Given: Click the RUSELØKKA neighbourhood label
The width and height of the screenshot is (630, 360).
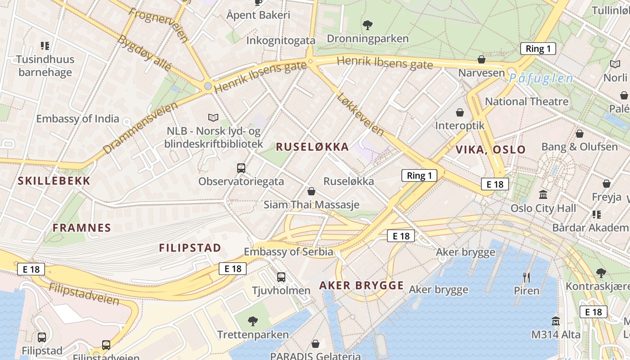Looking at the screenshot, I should point(312,147).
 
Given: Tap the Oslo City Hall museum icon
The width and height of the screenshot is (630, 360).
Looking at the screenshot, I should point(543,195).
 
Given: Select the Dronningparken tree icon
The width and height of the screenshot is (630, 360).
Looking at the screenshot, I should point(368,25).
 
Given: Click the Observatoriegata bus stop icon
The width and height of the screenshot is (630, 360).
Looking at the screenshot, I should point(241,168).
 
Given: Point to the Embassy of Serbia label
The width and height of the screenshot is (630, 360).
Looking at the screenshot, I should point(288,252).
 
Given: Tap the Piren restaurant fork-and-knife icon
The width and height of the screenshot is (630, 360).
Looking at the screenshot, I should point(526,277).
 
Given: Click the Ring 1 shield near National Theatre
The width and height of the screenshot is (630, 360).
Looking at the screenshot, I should point(538,49).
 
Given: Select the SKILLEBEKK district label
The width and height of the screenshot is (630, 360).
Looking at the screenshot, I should point(54,181).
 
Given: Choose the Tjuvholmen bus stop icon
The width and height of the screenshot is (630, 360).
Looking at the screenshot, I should point(281,277).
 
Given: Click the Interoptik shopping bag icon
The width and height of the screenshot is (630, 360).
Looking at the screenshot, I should point(460,112).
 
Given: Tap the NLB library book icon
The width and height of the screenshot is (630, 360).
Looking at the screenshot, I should point(213,117).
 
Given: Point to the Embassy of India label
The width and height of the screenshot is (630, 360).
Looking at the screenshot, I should point(77,119).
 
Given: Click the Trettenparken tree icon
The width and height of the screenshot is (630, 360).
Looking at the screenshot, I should point(253,321).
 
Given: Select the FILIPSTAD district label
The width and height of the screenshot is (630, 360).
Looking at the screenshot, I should point(190,248).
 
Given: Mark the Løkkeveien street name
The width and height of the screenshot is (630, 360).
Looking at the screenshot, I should point(360,114).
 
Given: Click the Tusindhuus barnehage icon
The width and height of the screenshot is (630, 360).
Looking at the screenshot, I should point(45,45).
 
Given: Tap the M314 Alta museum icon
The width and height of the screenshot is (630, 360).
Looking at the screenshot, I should point(556,321).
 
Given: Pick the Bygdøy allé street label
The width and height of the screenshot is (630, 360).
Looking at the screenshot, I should point(144,53).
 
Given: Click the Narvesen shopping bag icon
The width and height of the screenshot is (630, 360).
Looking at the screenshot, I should point(481,59).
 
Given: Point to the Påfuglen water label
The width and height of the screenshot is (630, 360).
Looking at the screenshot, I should point(541,78).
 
